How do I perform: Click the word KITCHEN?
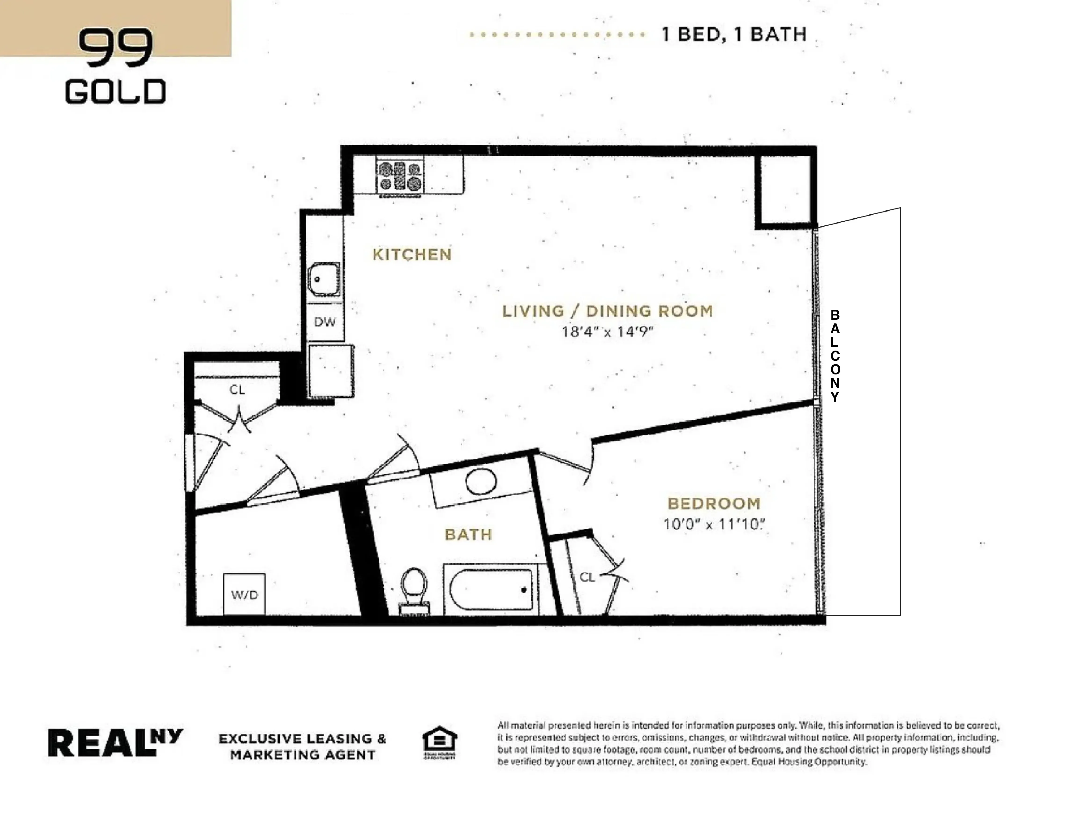tap(412, 254)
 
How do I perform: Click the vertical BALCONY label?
tap(835, 356)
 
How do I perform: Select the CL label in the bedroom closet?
tap(587, 577)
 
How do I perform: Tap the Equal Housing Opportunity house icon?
tap(439, 741)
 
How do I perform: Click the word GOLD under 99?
tap(116, 92)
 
